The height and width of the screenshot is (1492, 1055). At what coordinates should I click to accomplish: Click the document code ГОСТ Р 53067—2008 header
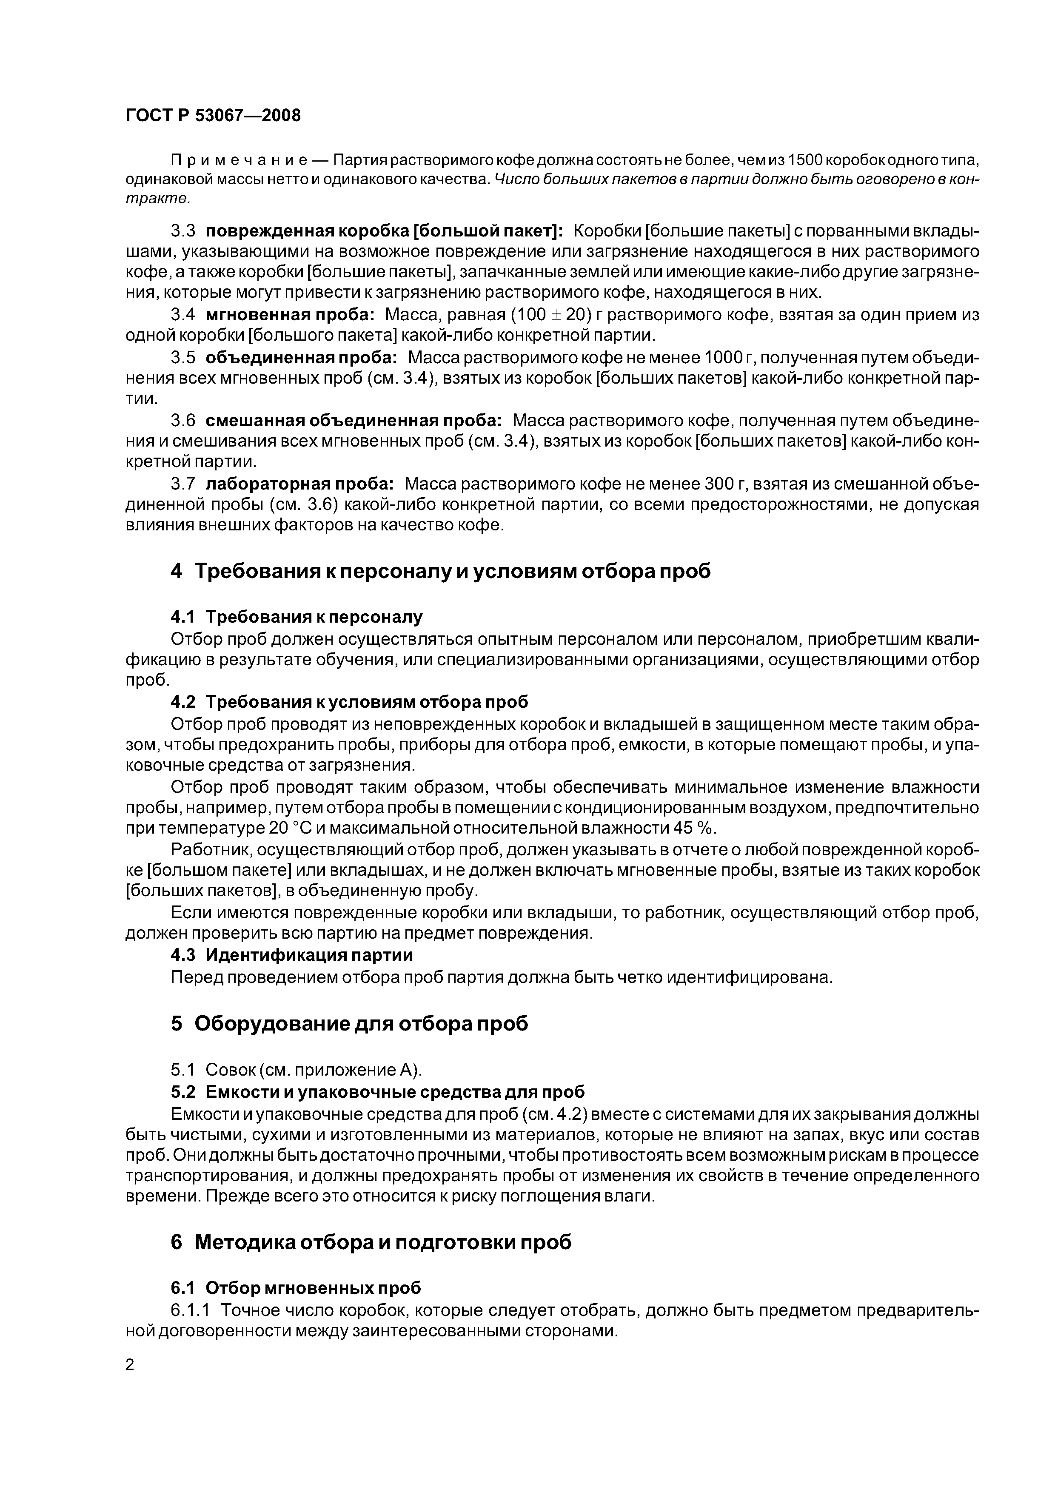click(213, 116)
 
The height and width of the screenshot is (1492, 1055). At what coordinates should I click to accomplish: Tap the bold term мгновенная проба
click(290, 314)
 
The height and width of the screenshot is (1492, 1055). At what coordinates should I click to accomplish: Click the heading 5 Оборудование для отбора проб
click(350, 1023)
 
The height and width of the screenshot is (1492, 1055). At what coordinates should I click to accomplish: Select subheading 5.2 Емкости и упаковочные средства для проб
click(378, 1091)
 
